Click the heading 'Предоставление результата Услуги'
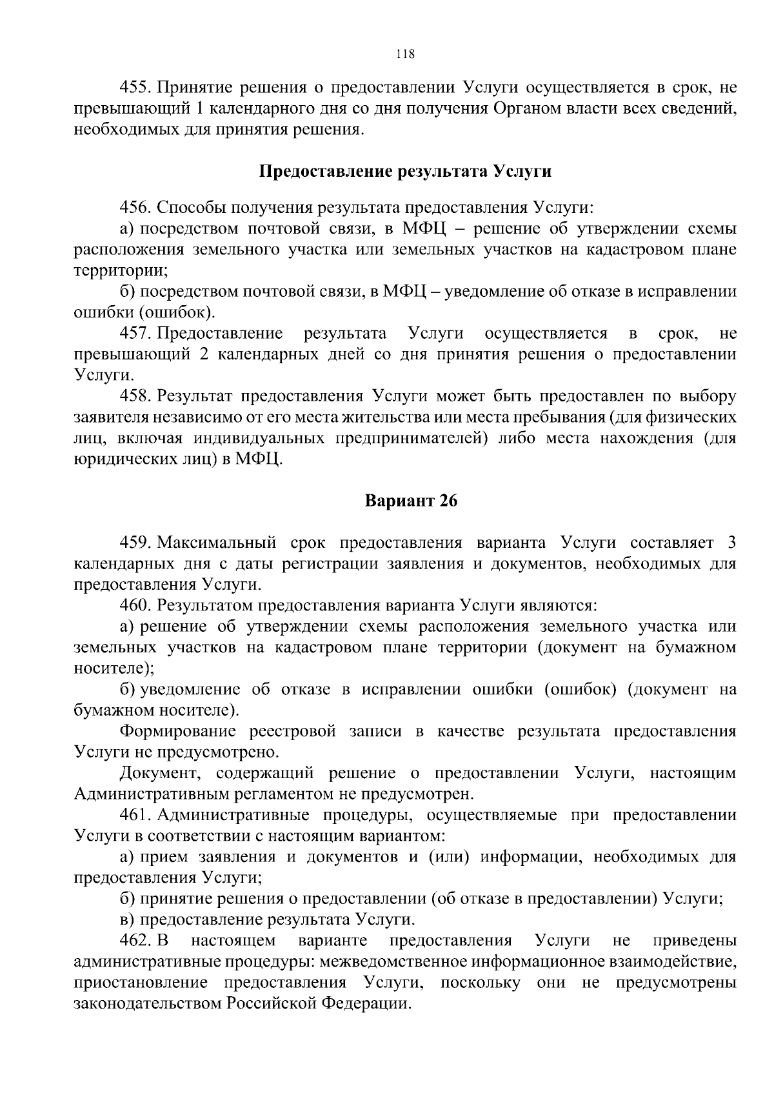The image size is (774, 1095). pos(405,172)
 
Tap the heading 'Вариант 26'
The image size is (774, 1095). pos(412,501)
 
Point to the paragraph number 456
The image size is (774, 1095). pos(135,208)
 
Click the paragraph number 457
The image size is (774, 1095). pos(135,334)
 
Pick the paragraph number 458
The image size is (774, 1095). pos(135,396)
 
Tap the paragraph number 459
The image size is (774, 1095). pos(135,543)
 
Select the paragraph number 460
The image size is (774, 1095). pos(135,605)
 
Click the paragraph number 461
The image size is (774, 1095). pos(135,815)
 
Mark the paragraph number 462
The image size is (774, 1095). pos(135,940)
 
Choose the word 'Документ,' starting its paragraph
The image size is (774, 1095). pos(159,773)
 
